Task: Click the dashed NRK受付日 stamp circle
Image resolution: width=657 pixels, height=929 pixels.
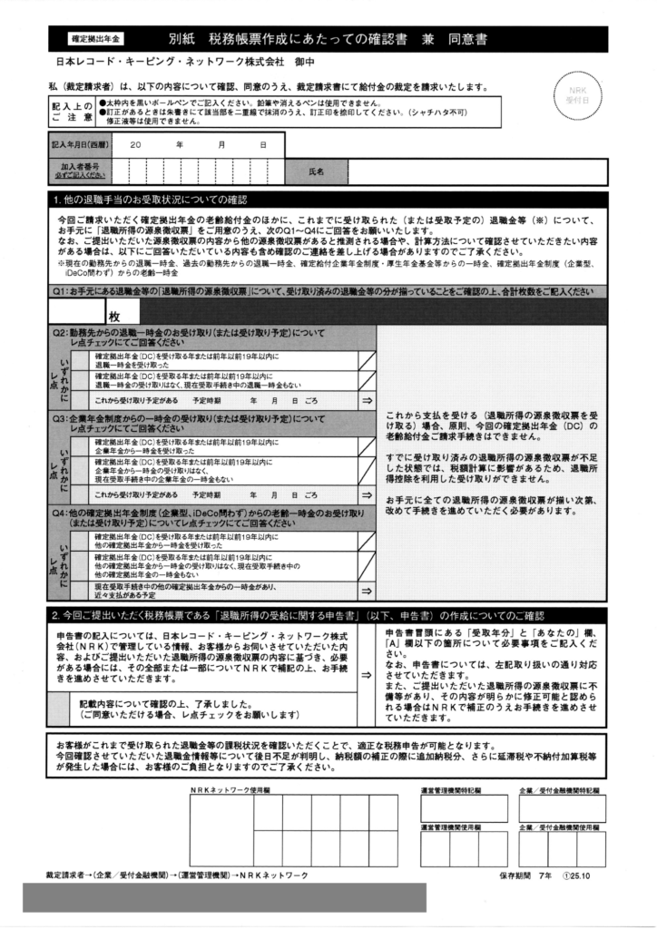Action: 578,95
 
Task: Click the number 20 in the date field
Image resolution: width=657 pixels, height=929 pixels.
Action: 135,145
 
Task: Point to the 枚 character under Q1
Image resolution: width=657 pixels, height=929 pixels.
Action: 115,316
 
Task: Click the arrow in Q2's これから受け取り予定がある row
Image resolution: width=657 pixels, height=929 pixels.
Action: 367,400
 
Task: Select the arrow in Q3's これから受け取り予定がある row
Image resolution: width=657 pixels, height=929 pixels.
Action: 367,495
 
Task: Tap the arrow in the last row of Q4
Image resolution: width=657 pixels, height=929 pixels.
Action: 367,592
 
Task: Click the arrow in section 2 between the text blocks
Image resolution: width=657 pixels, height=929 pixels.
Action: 366,673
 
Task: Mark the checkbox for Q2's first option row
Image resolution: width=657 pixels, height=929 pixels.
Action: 366,361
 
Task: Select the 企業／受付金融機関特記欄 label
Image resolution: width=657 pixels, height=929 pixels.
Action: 559,791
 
